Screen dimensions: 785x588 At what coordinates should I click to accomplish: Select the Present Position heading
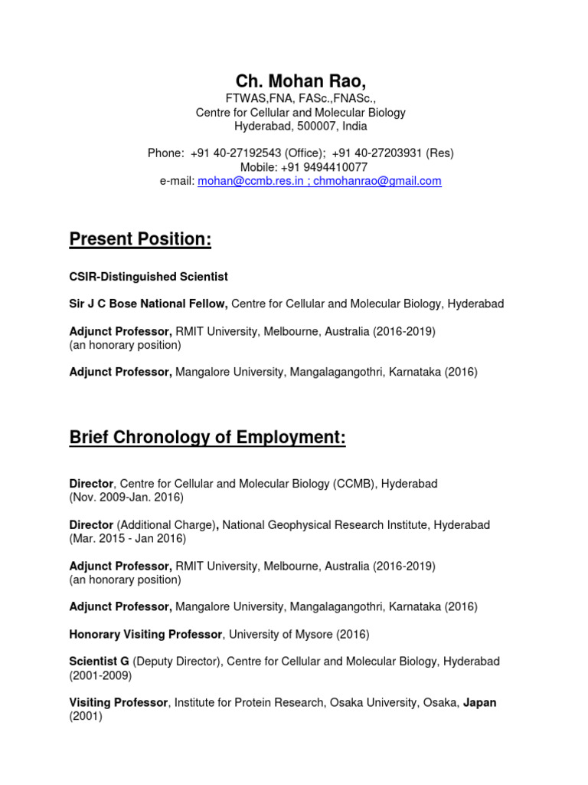(x=140, y=240)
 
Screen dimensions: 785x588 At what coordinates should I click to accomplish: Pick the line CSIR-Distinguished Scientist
(x=149, y=277)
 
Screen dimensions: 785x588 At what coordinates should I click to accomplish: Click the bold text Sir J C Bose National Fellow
(x=149, y=304)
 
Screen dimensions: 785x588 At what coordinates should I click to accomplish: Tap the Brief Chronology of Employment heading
(x=207, y=438)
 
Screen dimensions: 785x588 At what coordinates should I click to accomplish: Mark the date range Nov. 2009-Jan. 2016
(x=126, y=498)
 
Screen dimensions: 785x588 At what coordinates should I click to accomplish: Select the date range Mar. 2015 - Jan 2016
(x=128, y=539)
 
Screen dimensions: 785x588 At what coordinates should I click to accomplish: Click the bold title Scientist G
(x=100, y=662)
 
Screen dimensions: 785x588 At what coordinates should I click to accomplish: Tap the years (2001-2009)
(x=100, y=675)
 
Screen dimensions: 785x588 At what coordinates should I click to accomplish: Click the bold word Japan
(x=479, y=703)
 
